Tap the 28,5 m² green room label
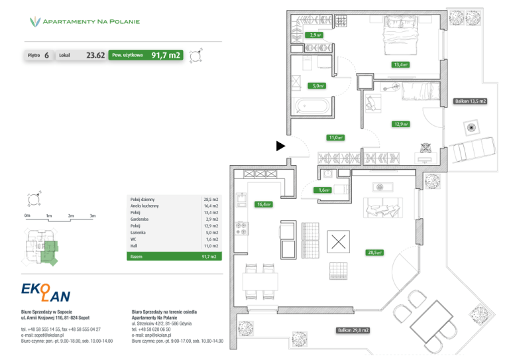point(374,253)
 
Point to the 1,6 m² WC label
point(323,190)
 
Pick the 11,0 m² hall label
point(335,138)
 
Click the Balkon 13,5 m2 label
point(470,101)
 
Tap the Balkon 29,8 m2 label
point(353,330)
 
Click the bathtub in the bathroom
point(312,105)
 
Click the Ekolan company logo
point(46,292)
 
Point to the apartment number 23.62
point(95,56)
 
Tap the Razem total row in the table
point(173,256)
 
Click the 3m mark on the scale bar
point(92,216)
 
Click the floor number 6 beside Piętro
point(46,56)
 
